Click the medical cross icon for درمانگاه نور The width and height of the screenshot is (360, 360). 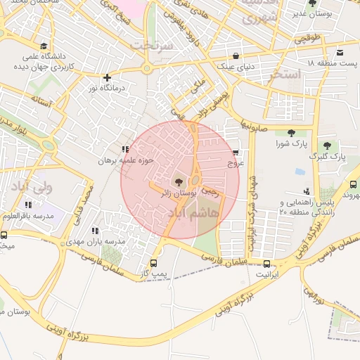pos(106,77)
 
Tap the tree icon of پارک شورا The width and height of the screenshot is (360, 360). pos(289,134)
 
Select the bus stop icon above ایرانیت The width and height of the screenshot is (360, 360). pos(266,265)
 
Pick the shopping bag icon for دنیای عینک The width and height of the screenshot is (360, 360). pos(235,56)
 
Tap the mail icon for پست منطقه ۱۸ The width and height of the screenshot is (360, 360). pos(340,53)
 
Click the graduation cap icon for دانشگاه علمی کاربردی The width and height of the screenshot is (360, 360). pos(45,46)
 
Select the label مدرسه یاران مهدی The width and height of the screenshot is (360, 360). pos(102,241)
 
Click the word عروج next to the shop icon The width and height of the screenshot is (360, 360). pos(235,162)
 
